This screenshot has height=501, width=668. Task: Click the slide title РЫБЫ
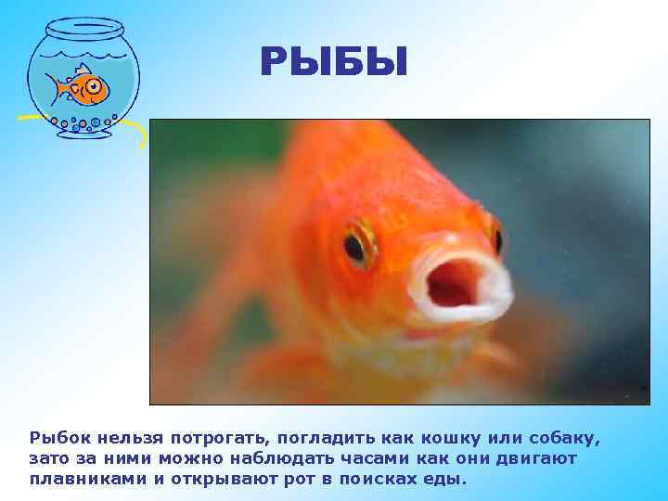pos(333,64)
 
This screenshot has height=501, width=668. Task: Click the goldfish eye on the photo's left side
pos(356,245)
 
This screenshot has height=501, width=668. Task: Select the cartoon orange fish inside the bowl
pos(83,87)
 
